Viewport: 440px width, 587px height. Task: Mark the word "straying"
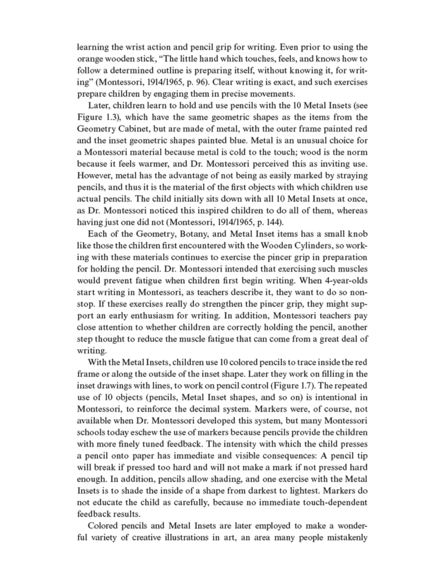352,175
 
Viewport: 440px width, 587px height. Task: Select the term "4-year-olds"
346,281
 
